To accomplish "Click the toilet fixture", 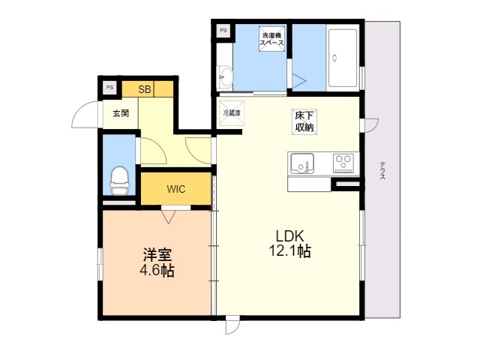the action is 119,181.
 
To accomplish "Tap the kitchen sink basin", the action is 302,163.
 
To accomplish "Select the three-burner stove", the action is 343,163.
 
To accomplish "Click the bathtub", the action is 343,58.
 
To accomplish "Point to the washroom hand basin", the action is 226,76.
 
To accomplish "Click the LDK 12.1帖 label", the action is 289,244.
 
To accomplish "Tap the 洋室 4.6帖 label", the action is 157,262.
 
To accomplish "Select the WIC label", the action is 176,189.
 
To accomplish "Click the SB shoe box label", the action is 145,89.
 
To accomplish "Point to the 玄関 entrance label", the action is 121,113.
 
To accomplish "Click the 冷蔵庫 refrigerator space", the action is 232,113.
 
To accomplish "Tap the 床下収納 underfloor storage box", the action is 304,121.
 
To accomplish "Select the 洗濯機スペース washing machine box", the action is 271,39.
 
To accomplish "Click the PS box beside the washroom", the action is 223,31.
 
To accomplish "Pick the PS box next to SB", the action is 109,87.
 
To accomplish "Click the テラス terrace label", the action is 382,170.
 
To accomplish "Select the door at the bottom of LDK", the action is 232,325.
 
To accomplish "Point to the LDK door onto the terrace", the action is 371,125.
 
